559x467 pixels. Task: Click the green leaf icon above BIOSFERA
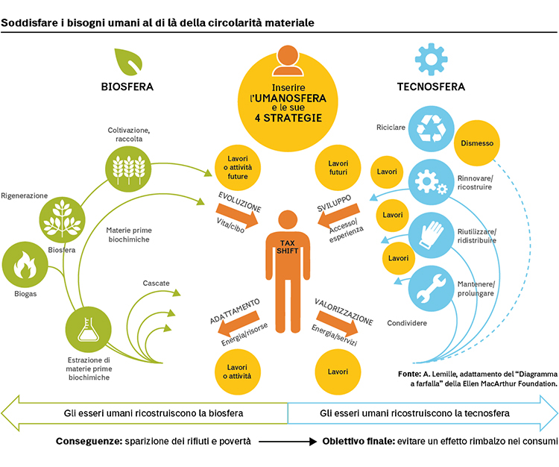tap(128, 62)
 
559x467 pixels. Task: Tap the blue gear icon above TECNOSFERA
tap(431, 59)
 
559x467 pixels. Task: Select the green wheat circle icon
tap(128, 169)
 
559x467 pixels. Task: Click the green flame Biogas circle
tap(25, 265)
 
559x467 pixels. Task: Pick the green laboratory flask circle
tap(88, 329)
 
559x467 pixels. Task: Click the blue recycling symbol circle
tap(431, 129)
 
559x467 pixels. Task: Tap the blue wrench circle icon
tap(431, 288)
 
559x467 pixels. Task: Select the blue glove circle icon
tap(431, 235)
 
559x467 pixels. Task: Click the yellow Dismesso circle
tap(477, 143)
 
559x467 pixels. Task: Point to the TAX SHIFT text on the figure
tap(288, 247)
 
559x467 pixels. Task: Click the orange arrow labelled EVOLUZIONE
tap(238, 215)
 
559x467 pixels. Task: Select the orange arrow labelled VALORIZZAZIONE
tap(337, 323)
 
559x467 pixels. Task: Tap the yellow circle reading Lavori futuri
tap(338, 168)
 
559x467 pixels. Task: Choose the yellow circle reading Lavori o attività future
tap(238, 168)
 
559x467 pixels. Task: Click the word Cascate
tap(157, 283)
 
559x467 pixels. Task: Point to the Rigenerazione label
tap(25, 196)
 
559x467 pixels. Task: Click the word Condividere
tap(407, 323)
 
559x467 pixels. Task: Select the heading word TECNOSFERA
tap(431, 87)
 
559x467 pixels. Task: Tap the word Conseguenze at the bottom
tap(89, 442)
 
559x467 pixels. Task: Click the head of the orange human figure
tap(288, 220)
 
